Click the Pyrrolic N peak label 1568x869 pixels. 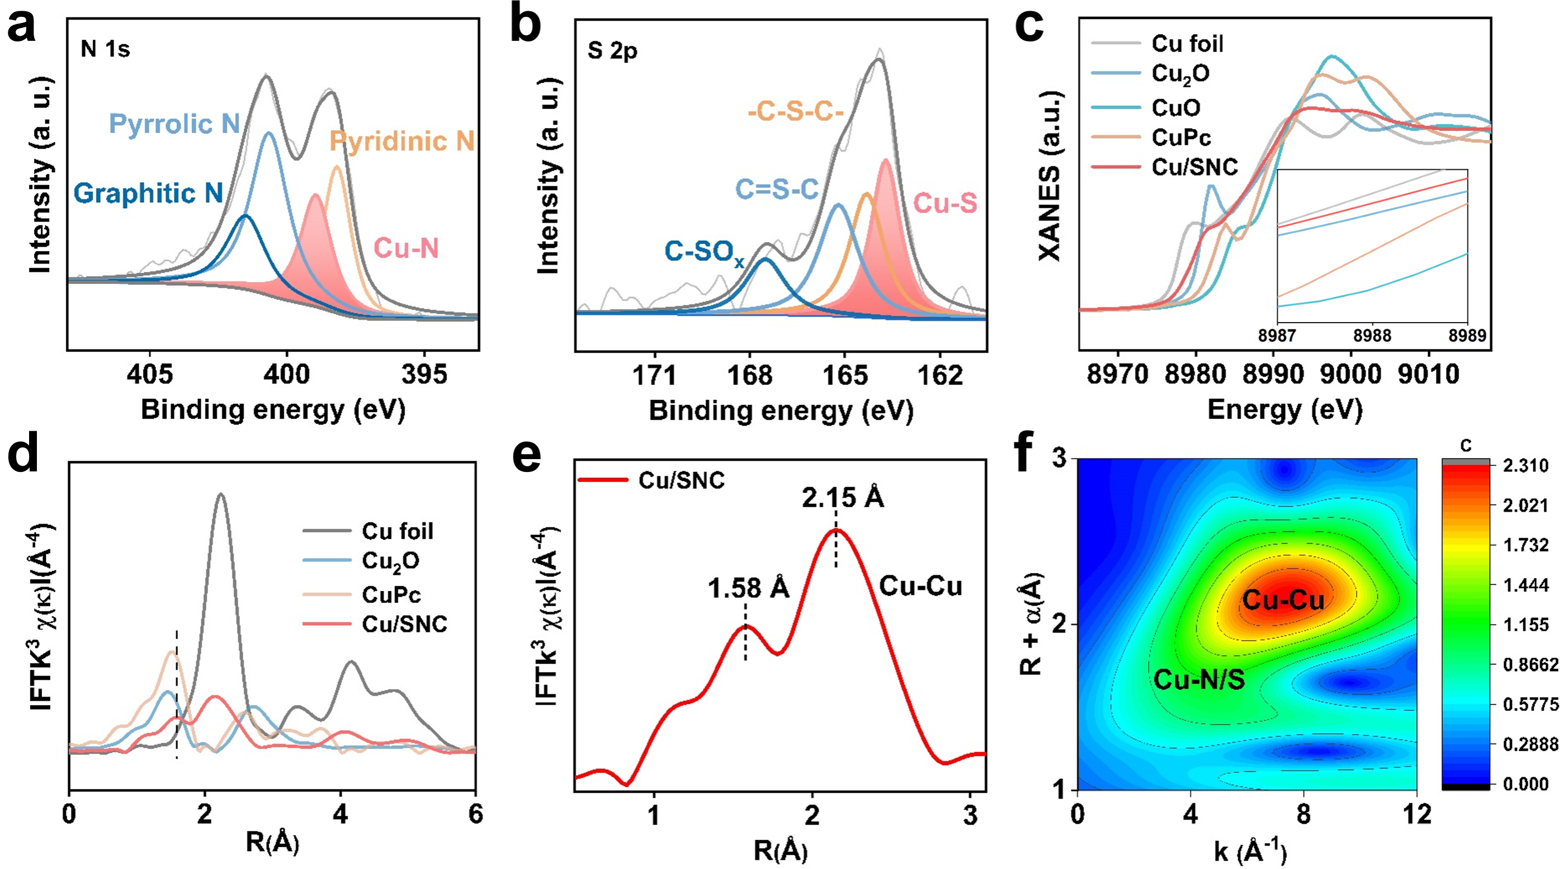(174, 124)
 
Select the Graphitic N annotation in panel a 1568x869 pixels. (148, 193)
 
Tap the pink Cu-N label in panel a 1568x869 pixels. (406, 248)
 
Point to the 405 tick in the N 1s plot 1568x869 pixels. (150, 374)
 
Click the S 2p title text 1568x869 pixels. (612, 51)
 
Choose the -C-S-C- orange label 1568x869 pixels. (796, 112)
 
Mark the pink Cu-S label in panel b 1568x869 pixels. (945, 203)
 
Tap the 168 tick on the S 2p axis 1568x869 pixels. (749, 375)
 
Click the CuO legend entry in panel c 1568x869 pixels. (1175, 108)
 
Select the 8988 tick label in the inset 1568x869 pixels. (1372, 336)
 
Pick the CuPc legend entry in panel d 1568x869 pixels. (391, 594)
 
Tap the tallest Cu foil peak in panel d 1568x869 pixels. (220, 494)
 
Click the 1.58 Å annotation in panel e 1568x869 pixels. (748, 588)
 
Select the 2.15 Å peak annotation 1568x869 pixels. (842, 498)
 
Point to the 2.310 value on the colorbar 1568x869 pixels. (1526, 466)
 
